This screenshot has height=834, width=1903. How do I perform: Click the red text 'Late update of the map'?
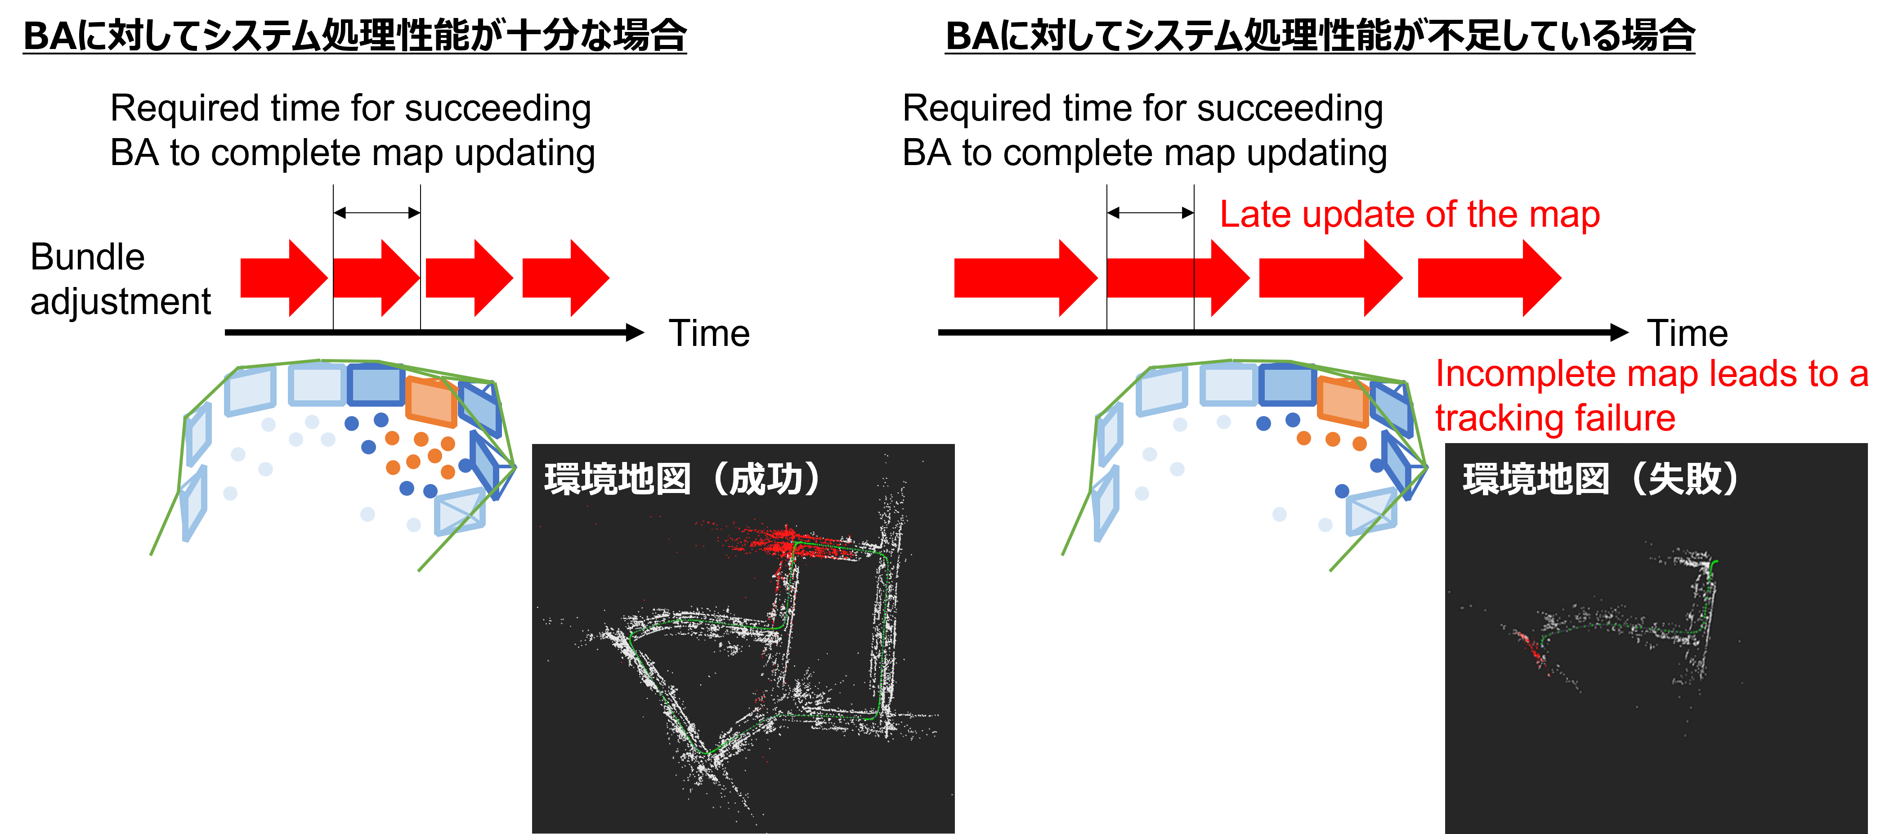1410,215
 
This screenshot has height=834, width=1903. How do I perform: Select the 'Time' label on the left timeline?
709,333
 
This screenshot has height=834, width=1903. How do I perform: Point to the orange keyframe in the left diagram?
431,401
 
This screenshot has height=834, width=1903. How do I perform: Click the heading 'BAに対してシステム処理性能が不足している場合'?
1320,36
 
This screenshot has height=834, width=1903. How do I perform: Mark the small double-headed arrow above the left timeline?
377,213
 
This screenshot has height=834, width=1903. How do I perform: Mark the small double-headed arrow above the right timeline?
1150,213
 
